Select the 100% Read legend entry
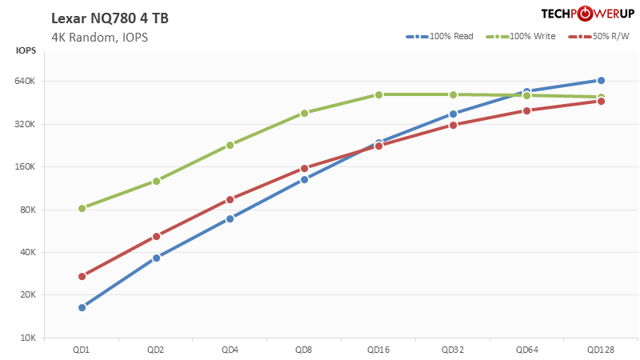(x=439, y=37)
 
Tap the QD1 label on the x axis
(x=82, y=350)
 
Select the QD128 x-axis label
(x=601, y=350)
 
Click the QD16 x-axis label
(x=378, y=350)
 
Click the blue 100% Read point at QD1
(x=82, y=307)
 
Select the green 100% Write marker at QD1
(x=82, y=208)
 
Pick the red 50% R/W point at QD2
(x=156, y=236)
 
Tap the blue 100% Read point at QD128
(x=601, y=80)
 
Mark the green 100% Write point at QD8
(x=304, y=113)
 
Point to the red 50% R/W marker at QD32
(x=453, y=125)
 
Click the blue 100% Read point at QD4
(x=230, y=218)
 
